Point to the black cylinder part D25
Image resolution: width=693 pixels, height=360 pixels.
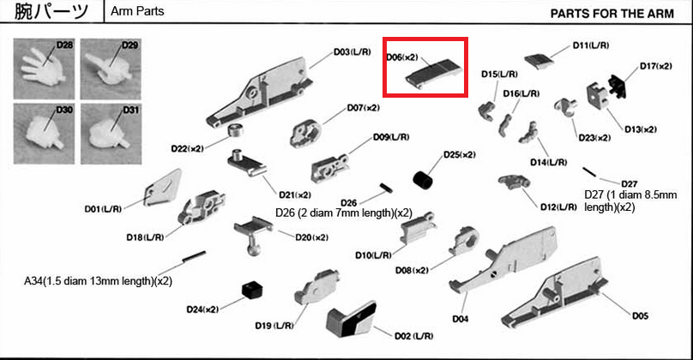424,181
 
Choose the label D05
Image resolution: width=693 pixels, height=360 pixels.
639,316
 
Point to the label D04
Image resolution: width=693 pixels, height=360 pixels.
460,320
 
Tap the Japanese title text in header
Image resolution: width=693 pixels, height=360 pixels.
51,13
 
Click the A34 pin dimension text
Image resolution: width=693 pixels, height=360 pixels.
98,280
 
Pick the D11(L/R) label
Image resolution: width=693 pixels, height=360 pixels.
591,45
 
